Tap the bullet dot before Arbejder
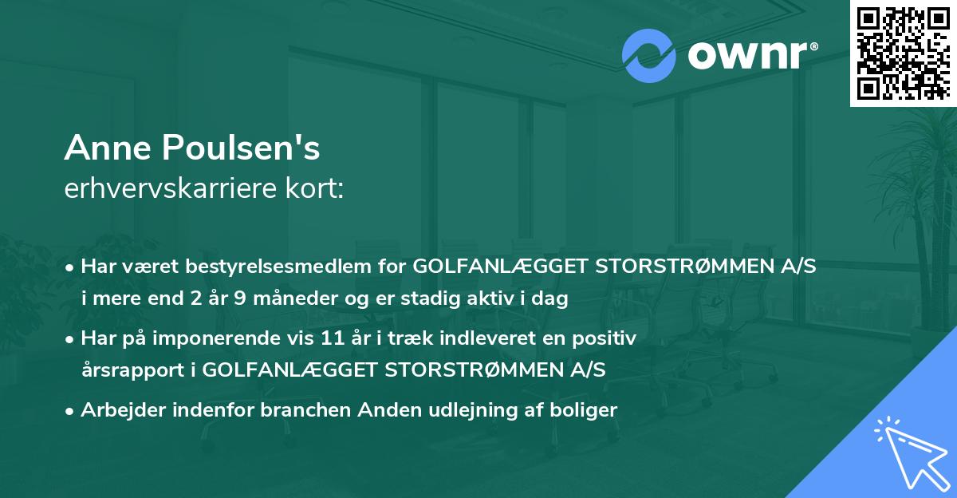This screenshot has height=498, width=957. pyautogui.click(x=71, y=411)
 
